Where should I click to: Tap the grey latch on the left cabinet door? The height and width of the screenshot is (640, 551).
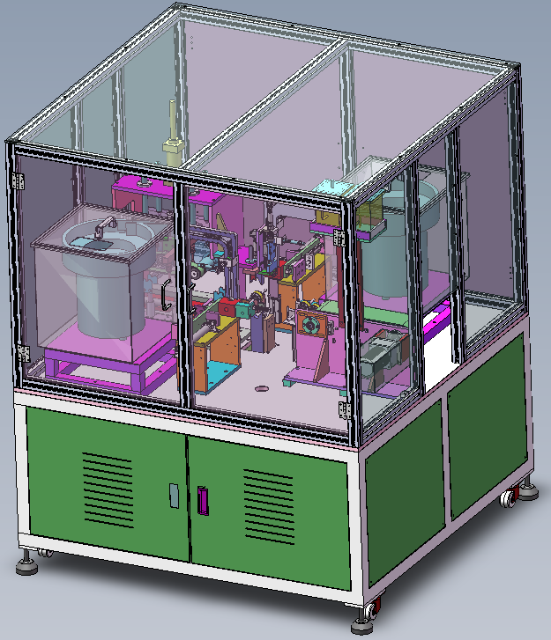(x=174, y=495)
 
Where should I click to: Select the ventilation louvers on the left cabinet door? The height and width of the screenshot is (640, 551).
(x=107, y=489)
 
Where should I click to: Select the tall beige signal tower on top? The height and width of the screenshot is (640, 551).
(x=170, y=132)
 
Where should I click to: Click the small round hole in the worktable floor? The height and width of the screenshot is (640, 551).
(x=262, y=387)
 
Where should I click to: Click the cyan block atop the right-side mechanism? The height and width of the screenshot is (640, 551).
(x=333, y=188)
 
